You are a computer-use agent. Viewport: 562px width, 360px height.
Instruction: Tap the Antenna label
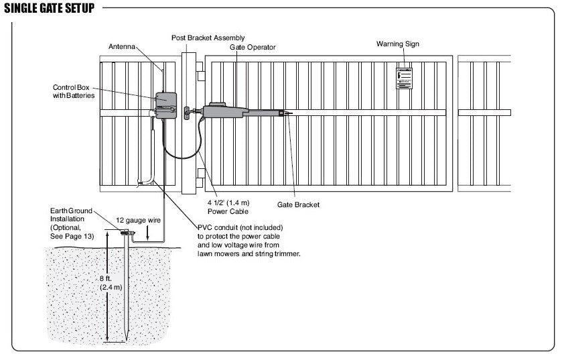pos(123,46)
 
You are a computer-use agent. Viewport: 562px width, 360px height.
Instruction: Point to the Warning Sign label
pos(398,44)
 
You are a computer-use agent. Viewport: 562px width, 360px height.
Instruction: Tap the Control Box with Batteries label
pos(74,92)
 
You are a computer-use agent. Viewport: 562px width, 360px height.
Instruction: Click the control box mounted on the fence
pos(165,104)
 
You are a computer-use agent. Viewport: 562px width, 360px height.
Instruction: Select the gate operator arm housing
pos(228,111)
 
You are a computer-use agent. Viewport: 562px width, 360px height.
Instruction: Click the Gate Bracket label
pos(298,204)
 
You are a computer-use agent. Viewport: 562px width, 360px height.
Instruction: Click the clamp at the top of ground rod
pos(125,233)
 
